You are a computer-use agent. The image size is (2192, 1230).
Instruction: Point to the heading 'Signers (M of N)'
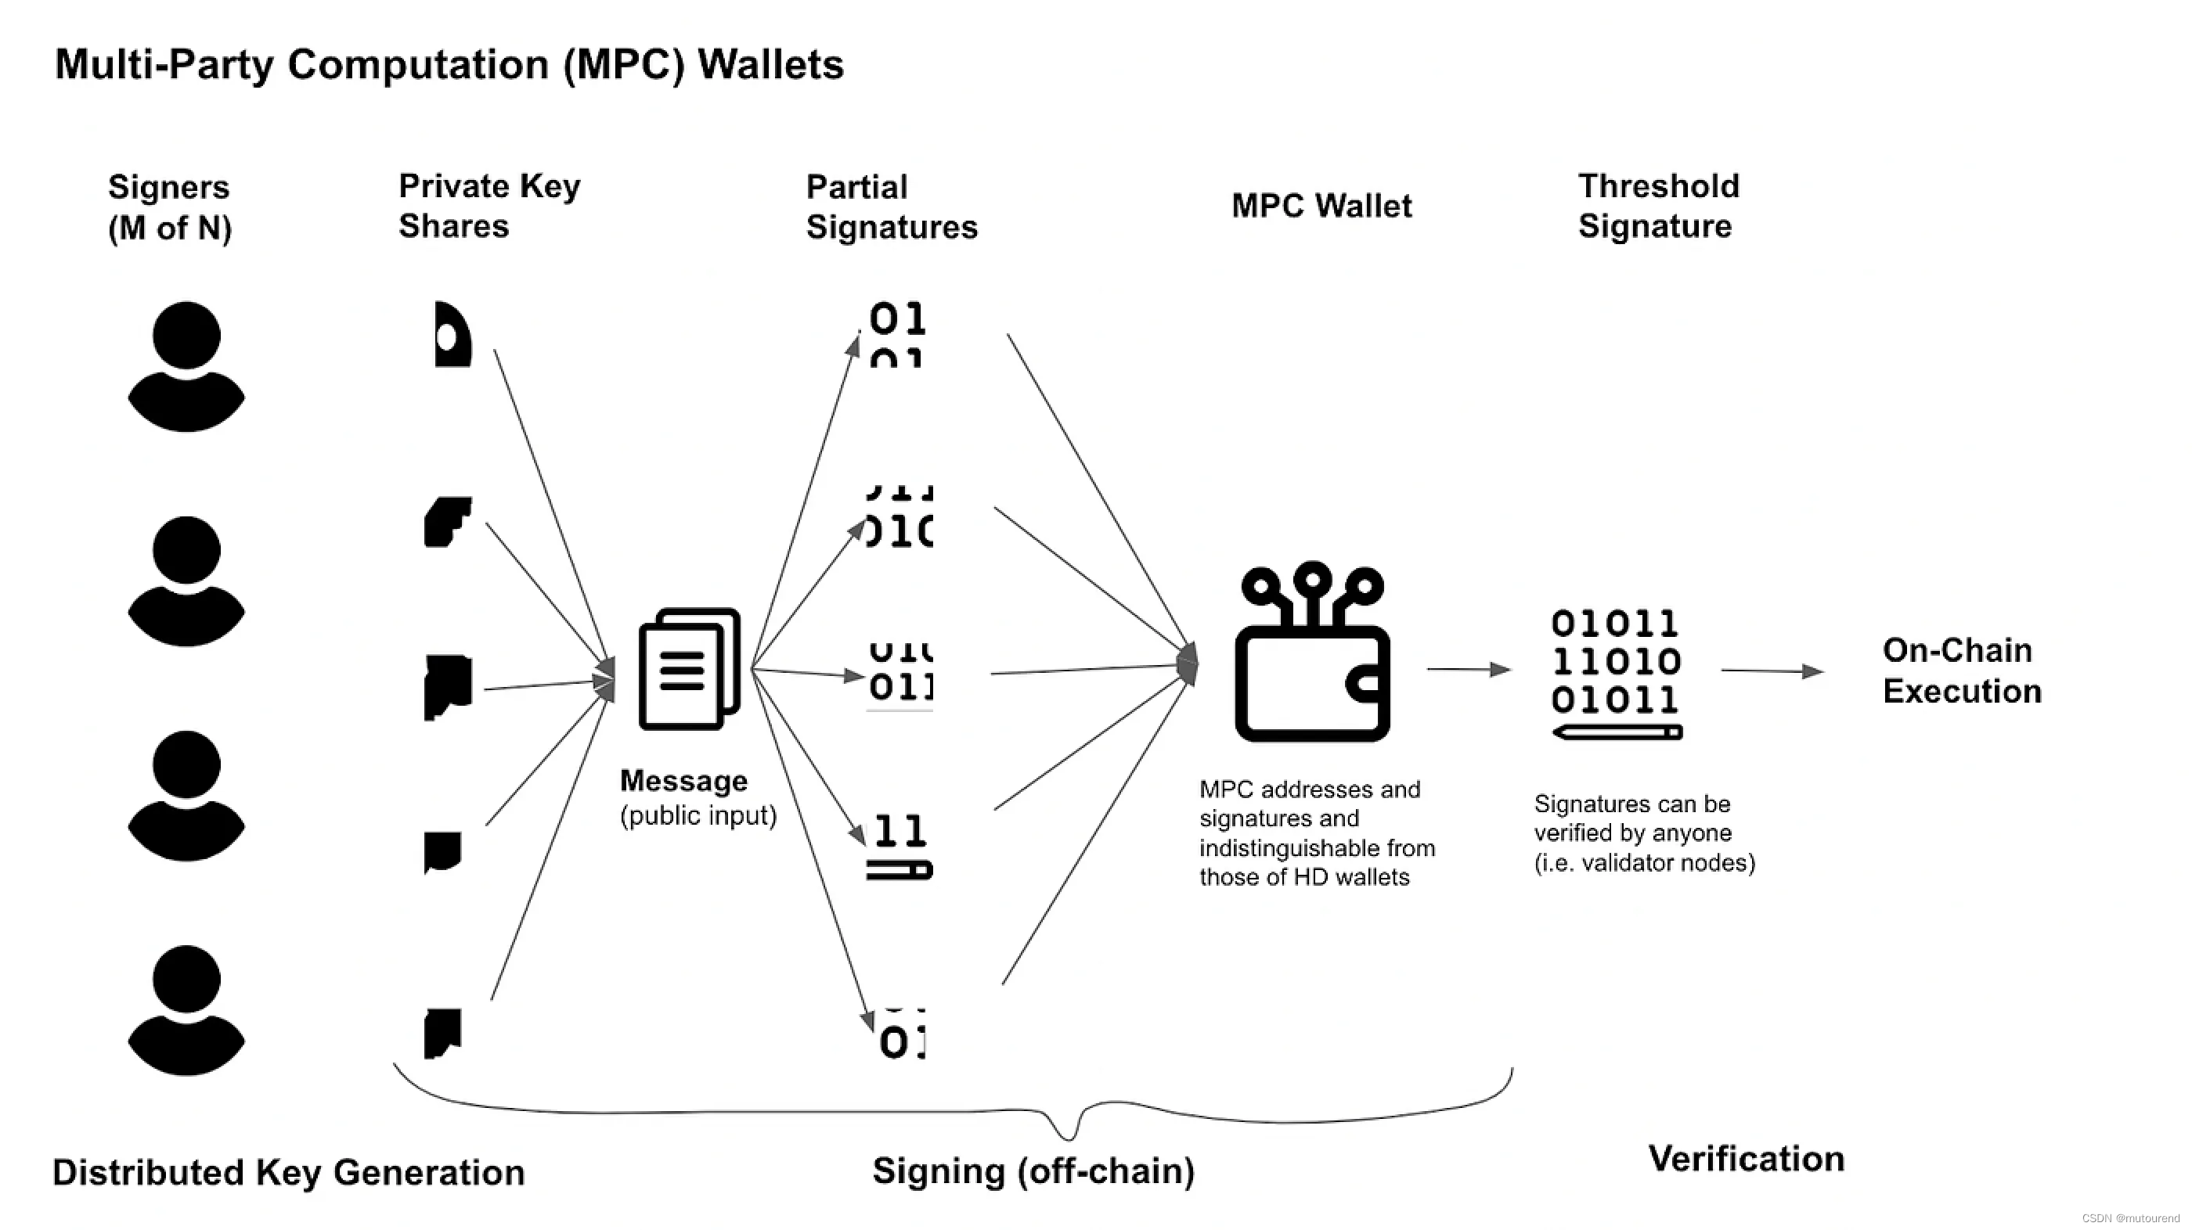(169, 207)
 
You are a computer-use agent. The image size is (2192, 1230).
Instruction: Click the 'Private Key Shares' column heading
(489, 206)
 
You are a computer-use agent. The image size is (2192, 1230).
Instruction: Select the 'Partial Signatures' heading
(891, 207)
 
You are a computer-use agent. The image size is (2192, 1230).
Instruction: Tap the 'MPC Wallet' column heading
(1321, 206)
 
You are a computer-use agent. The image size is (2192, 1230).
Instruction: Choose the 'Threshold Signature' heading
(1657, 206)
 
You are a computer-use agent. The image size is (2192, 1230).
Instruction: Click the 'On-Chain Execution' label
(1961, 671)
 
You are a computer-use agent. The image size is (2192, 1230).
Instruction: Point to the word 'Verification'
(1746, 1159)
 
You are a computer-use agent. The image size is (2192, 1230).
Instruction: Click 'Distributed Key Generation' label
(288, 1172)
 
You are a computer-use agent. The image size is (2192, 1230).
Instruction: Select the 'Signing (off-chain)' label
(1033, 1171)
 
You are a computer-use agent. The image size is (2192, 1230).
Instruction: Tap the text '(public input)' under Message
(698, 816)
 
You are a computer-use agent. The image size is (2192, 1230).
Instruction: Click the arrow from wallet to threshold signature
(1467, 670)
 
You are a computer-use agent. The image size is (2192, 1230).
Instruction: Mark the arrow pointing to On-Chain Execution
(1772, 671)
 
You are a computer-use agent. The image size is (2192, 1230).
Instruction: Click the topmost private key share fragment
(452, 334)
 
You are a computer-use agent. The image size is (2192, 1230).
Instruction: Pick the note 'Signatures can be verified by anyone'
(1644, 833)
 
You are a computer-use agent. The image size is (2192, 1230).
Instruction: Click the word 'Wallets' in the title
(770, 65)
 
